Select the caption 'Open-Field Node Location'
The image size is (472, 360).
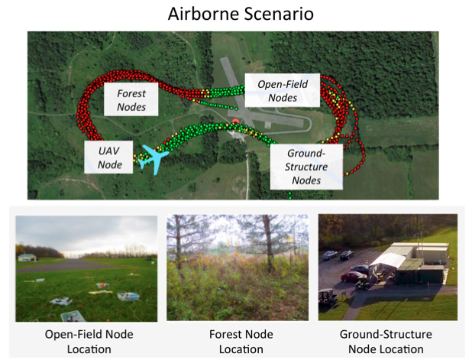pyautogui.click(x=82, y=342)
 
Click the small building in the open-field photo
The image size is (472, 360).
pyautogui.click(x=27, y=258)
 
